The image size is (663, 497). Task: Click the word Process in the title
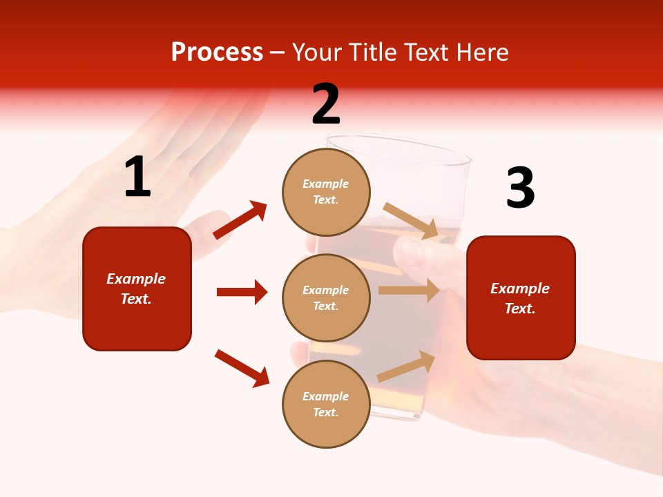(217, 52)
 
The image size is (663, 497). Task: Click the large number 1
(137, 177)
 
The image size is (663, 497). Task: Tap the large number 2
(326, 104)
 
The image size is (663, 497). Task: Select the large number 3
(520, 188)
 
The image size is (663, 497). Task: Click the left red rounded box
(137, 289)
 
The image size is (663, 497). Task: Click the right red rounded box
(521, 298)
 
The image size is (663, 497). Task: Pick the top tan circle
(326, 191)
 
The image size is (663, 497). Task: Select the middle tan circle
(326, 298)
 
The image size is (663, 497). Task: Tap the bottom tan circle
(326, 404)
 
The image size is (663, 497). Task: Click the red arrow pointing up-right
(240, 220)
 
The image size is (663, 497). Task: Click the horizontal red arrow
(242, 292)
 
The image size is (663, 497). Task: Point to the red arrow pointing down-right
(242, 368)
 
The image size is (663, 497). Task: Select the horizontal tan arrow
(409, 290)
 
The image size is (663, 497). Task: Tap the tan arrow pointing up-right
(407, 367)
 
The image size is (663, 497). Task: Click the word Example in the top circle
(326, 184)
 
